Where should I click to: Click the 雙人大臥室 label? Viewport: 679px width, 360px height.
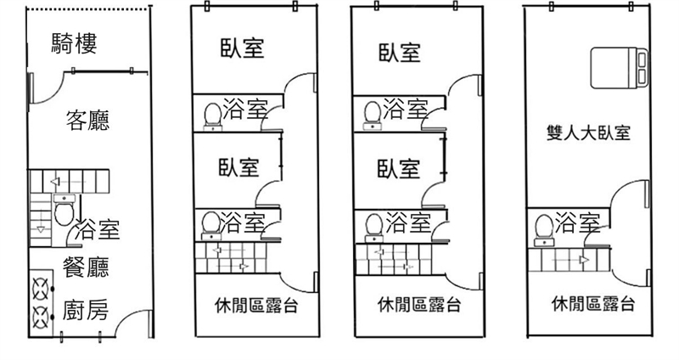pos(588,133)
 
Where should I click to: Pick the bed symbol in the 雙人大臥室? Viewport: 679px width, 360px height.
pos(620,67)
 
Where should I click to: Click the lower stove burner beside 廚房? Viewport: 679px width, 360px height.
pos(40,318)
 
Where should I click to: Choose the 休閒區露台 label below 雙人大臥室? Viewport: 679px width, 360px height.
pos(592,303)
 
